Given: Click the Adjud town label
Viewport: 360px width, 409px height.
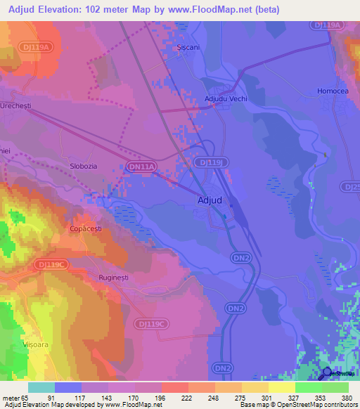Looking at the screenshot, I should pos(207,200).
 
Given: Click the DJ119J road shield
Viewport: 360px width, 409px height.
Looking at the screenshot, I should pos(214,162).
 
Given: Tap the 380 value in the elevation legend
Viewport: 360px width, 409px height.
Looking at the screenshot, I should pos(347,397).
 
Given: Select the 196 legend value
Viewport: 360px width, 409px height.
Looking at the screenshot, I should pos(160,397).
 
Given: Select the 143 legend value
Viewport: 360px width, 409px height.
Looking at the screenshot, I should pos(107,397).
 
